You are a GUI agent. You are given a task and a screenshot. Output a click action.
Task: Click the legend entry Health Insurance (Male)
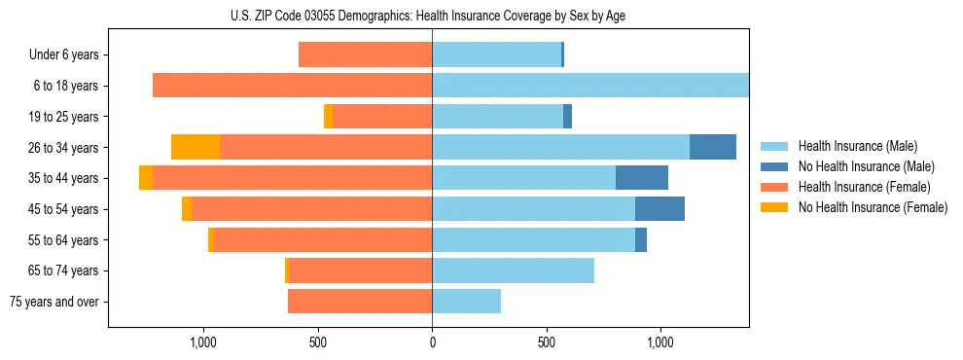(857, 146)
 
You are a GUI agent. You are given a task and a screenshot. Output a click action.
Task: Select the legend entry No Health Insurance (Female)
(873, 207)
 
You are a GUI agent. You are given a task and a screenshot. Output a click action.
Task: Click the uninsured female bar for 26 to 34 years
(196, 147)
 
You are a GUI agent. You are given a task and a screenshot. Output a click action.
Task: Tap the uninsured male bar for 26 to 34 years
(713, 147)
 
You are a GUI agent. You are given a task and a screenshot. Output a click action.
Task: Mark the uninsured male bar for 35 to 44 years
(642, 178)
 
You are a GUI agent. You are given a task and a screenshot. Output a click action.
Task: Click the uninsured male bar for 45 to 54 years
(660, 209)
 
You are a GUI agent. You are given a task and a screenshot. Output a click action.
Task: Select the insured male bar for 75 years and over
(466, 302)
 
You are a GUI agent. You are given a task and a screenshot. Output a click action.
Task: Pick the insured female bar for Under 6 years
(365, 54)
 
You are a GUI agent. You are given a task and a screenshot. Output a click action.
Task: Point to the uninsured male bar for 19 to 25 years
(567, 117)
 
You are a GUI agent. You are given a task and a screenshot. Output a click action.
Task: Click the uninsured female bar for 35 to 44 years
(146, 178)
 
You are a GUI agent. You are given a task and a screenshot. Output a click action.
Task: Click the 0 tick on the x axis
(432, 342)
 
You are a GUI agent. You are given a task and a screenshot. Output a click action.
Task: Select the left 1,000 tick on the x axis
(202, 342)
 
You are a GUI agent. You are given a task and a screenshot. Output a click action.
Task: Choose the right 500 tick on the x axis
(547, 342)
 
